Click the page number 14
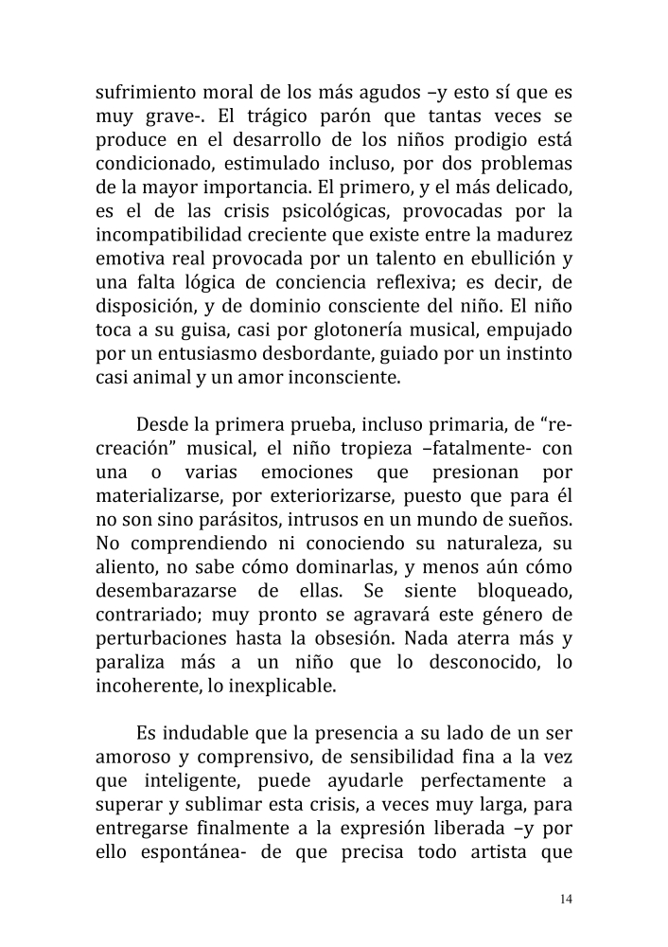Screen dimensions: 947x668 pos(565,899)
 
